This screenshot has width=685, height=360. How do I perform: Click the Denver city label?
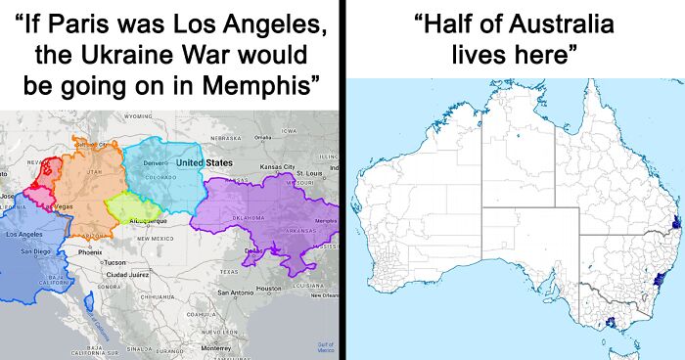[157, 161]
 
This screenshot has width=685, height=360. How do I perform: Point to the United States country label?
[204, 161]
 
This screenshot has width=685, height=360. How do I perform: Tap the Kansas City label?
[277, 167]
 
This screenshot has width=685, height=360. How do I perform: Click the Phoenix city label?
[90, 251]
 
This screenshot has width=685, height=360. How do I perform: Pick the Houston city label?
[268, 288]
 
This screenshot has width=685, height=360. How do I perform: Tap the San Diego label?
[35, 251]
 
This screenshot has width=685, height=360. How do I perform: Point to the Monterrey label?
[215, 347]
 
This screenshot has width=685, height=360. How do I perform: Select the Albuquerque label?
[148, 222]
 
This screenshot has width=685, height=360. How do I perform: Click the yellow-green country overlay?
[131, 206]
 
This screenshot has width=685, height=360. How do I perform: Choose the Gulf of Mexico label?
[325, 345]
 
